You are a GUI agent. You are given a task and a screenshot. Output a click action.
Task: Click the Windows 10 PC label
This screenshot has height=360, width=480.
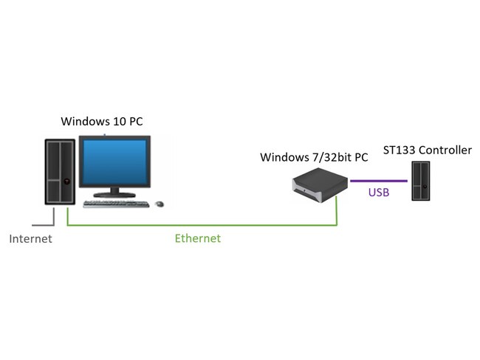click(101, 122)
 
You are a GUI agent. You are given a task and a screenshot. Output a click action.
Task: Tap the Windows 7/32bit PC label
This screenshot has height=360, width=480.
click(314, 158)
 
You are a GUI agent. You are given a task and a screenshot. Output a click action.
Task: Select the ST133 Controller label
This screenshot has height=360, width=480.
click(427, 150)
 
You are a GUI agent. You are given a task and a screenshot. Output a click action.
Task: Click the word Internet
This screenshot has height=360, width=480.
click(30, 239)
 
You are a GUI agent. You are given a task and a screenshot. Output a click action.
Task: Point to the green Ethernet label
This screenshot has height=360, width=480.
click(197, 238)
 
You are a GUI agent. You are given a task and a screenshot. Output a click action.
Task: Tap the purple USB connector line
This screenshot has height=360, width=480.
click(379, 180)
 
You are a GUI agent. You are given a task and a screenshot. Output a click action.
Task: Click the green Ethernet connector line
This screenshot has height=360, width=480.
click(199, 225)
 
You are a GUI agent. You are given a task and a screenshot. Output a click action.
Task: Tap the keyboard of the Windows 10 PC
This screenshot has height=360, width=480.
click(116, 203)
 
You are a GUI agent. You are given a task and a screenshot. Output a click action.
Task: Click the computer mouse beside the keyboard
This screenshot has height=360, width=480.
click(159, 203)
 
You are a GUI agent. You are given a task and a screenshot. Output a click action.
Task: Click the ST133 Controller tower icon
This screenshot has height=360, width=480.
click(420, 181)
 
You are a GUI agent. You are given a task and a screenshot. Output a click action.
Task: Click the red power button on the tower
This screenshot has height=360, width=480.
click(66, 181)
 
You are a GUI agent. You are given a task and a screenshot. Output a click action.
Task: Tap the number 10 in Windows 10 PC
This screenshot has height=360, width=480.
click(119, 122)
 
